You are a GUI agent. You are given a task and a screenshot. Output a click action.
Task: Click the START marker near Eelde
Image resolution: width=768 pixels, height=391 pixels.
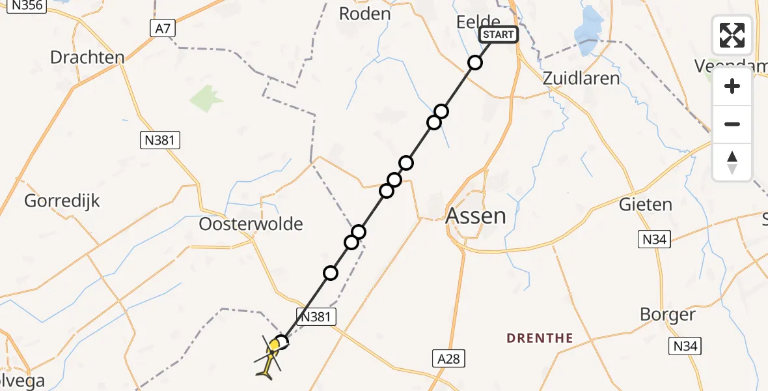coord(499,35)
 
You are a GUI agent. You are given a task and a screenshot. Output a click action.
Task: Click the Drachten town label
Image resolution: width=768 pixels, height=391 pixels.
coord(87,57)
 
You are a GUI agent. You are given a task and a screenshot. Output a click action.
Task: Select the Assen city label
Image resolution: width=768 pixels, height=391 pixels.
coord(476,216)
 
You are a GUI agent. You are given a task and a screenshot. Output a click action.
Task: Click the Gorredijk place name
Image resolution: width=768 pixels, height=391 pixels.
coord(62,201)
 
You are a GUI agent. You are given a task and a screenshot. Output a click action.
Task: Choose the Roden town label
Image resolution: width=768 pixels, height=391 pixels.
coord(365,14)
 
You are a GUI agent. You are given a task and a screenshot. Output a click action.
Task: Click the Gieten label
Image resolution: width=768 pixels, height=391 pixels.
coord(645,205)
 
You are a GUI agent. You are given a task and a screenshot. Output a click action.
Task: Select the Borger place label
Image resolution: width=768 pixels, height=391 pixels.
coord(668,315)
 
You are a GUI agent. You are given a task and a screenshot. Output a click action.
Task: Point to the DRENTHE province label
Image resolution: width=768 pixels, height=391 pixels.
coord(540,338)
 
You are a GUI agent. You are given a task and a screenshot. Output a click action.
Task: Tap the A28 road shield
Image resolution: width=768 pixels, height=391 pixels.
coord(448,358)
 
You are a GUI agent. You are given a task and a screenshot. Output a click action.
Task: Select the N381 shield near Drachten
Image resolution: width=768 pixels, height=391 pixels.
coord(160,140)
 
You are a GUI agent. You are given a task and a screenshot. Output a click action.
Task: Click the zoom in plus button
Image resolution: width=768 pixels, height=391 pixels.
coord(732,86)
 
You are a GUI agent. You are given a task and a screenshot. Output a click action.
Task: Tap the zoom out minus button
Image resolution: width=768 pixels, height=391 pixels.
coord(732,124)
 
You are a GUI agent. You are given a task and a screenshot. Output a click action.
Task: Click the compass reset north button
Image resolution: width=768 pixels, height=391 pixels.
coord(732,162)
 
